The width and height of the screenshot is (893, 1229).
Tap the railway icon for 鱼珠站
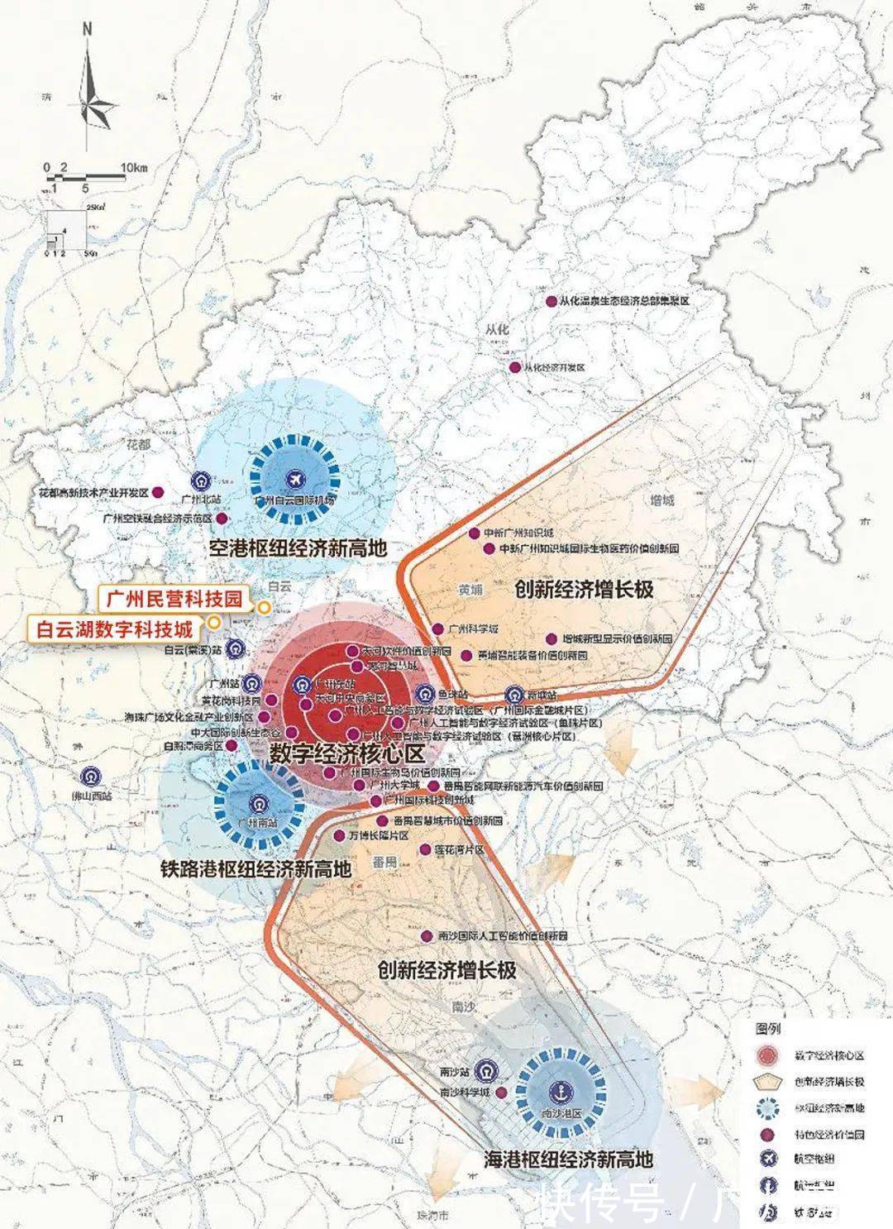pyautogui.click(x=425, y=694)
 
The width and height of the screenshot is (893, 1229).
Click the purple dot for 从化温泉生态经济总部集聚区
pyautogui.click(x=552, y=302)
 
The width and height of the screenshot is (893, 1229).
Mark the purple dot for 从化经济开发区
pyautogui.click(x=515, y=367)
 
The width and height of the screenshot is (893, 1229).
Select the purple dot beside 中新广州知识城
pyautogui.click(x=474, y=533)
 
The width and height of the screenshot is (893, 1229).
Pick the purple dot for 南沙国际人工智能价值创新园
pyautogui.click(x=427, y=936)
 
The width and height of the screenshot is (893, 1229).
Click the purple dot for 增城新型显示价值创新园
pyautogui.click(x=552, y=639)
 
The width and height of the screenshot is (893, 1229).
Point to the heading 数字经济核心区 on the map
pyautogui.click(x=346, y=753)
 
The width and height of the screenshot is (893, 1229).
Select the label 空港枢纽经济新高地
pyautogui.click(x=298, y=548)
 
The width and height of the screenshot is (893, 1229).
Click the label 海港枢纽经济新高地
pyautogui.click(x=568, y=1159)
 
